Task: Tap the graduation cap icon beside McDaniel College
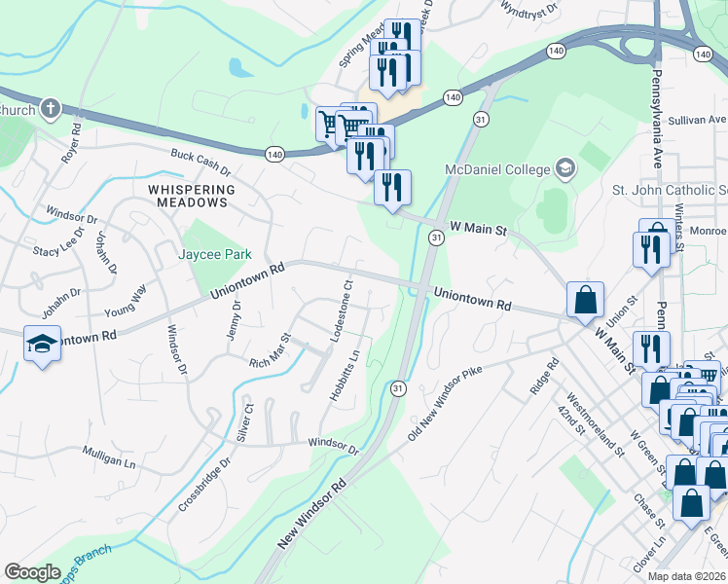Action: click(x=564, y=169)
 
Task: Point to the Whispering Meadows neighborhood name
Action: click(x=192, y=196)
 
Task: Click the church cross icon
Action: click(x=52, y=109)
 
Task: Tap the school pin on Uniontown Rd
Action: click(x=41, y=345)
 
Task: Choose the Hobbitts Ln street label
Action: click(x=350, y=376)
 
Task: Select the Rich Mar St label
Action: click(x=270, y=350)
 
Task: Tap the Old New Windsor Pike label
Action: click(x=445, y=403)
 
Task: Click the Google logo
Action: click(x=32, y=572)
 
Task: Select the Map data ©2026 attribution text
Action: click(x=687, y=576)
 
